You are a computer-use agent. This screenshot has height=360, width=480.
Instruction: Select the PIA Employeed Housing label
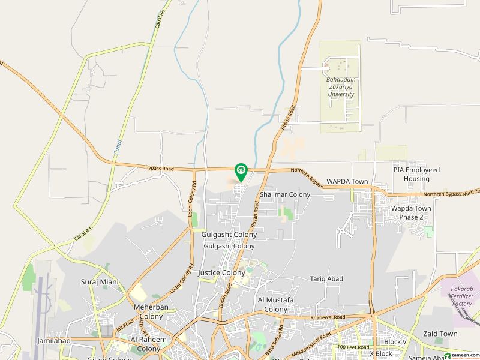pos(416,174)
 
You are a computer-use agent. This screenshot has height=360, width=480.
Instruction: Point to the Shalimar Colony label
pos(285,194)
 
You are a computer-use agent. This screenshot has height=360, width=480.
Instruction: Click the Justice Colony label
pos(221,272)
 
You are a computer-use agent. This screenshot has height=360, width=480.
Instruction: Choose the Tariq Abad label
pos(326,279)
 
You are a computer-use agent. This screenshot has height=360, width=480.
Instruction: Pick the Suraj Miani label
pos(100,281)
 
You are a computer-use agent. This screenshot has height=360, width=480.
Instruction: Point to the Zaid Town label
pos(440,334)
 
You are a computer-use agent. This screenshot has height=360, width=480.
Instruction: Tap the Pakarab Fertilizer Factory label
pos(461,296)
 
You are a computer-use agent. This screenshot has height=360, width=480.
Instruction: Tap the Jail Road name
pos(124,329)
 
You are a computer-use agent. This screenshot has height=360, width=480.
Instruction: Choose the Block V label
pos(396,342)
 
